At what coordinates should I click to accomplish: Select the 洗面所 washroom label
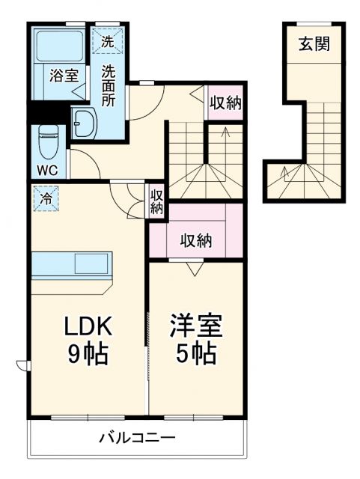click(109, 85)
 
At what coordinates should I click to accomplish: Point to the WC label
click(48, 168)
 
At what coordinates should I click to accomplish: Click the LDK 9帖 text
click(87, 339)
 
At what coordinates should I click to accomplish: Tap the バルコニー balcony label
click(138, 439)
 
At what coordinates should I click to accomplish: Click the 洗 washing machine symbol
click(107, 42)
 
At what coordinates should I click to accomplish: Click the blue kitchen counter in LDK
click(73, 266)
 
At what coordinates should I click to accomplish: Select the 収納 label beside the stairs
click(225, 103)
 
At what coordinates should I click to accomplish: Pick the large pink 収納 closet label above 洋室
click(195, 240)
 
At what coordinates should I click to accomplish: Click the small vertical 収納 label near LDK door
click(156, 202)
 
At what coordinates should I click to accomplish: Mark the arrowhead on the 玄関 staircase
click(284, 173)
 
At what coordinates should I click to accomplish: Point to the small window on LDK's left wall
click(22, 364)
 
